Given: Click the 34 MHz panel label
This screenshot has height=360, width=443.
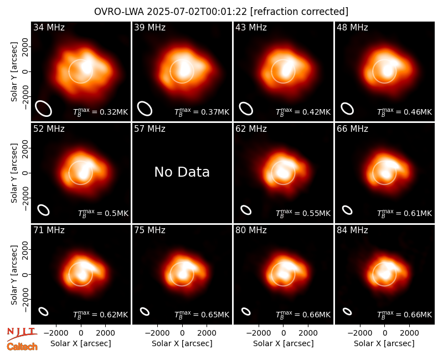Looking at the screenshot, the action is [x=49, y=27].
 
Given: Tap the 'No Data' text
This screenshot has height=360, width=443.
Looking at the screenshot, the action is [x=182, y=172].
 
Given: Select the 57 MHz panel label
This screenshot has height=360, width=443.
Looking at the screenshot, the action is [x=150, y=129].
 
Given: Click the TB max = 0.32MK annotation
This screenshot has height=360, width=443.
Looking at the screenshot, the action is [x=101, y=112].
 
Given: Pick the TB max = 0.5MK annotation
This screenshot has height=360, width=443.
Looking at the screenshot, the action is [x=103, y=213].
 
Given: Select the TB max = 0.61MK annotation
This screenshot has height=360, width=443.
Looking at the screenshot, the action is [x=405, y=213].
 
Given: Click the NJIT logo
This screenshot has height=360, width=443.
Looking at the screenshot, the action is [x=22, y=333].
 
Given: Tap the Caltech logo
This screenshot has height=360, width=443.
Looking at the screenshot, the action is [x=22, y=347].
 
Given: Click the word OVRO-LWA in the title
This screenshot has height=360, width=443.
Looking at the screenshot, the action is [x=119, y=12].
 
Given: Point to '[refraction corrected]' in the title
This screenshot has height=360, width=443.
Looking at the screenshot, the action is [x=299, y=12].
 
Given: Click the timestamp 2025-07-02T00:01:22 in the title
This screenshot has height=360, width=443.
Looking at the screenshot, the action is [x=197, y=12].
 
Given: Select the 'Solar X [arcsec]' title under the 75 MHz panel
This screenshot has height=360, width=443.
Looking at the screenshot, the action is [x=182, y=343].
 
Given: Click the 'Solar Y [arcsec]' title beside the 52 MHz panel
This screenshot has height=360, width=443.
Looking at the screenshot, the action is [x=14, y=173].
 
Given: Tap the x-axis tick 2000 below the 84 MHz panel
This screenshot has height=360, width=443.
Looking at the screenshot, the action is [x=409, y=333].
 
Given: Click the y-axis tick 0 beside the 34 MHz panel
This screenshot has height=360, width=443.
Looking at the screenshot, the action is [x=26, y=71].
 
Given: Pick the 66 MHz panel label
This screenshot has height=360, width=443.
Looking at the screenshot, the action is [x=352, y=129].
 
